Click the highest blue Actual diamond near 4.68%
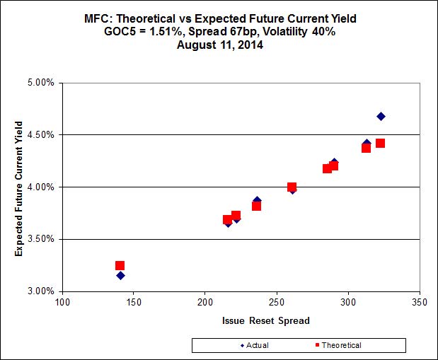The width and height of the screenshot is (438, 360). [381, 116]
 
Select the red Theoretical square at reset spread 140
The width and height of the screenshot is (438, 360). [120, 266]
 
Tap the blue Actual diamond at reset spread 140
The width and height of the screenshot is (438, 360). [120, 275]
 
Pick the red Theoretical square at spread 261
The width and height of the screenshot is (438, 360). [292, 187]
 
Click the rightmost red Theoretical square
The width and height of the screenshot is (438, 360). [380, 143]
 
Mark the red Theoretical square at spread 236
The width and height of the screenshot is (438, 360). [256, 206]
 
